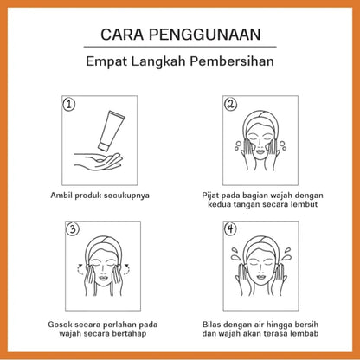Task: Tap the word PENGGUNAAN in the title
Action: (205, 35)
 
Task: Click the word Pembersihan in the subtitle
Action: (232, 61)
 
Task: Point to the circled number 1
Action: (69, 104)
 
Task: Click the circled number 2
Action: (230, 104)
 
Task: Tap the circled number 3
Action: (73, 229)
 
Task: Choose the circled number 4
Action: (230, 229)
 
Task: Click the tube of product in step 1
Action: (111, 131)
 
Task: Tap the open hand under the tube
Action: (98, 161)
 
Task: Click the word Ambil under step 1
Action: (61, 196)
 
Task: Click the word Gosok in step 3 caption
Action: (58, 325)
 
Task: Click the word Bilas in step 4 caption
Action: (209, 325)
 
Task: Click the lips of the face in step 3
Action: (103, 279)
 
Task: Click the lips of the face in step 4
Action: (260, 278)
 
